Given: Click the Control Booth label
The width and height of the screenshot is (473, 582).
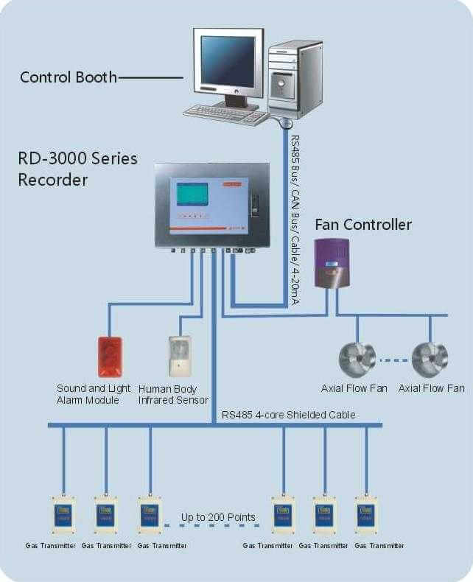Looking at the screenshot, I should pyautogui.click(x=69, y=77).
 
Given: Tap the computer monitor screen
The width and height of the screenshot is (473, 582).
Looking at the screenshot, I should pyautogui.click(x=228, y=61).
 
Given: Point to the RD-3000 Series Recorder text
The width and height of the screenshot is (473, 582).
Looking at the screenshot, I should pyautogui.click(x=77, y=169).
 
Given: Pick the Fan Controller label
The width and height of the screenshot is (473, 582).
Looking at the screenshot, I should pyautogui.click(x=363, y=224).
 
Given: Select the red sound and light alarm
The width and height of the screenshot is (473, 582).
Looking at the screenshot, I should pyautogui.click(x=109, y=357).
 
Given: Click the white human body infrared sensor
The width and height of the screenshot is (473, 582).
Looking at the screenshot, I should pyautogui.click(x=179, y=357).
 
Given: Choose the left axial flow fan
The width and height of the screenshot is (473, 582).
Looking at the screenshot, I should pyautogui.click(x=357, y=360).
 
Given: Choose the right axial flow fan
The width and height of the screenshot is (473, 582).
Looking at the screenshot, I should pyautogui.click(x=430, y=360).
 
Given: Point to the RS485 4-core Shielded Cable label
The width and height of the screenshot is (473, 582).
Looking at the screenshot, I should pyautogui.click(x=288, y=415).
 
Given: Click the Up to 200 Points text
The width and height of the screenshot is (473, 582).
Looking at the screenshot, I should pyautogui.click(x=218, y=517).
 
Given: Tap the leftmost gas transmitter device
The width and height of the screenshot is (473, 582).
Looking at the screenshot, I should pyautogui.click(x=63, y=514).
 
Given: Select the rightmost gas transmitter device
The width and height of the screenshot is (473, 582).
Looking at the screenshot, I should pyautogui.click(x=366, y=514).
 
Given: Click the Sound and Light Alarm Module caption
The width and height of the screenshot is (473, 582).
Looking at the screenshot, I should pyautogui.click(x=94, y=394).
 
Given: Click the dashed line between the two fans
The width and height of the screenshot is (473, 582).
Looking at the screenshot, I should pyautogui.click(x=393, y=361).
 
